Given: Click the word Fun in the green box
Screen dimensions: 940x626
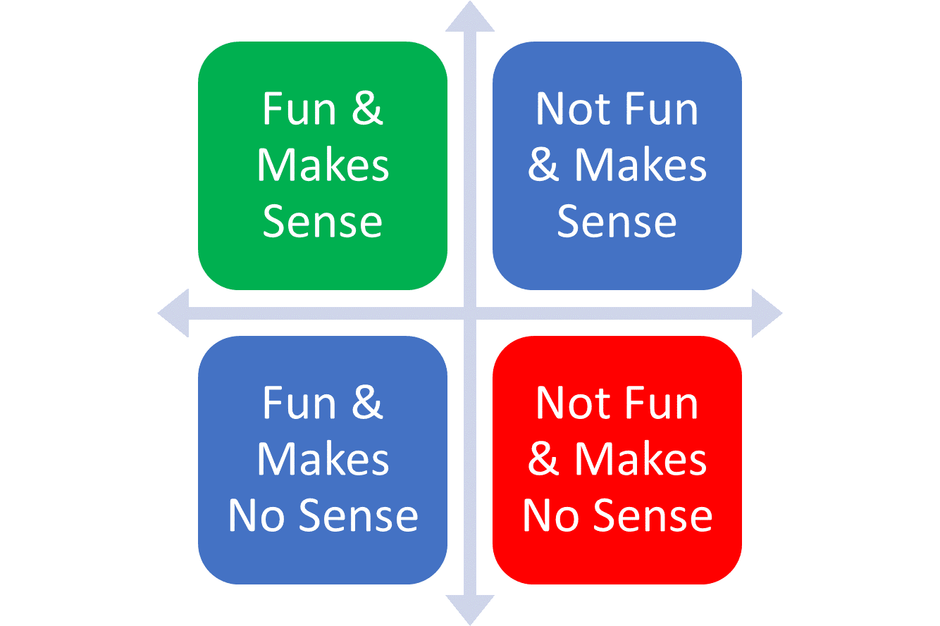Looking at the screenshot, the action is tap(299, 108).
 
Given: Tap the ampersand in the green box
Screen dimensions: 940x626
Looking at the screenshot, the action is tap(367, 108).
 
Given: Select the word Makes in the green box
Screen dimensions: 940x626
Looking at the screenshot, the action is tap(323, 165).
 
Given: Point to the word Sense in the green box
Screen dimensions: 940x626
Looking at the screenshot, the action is tap(323, 221).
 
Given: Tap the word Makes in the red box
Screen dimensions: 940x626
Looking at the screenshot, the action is tap(641, 460).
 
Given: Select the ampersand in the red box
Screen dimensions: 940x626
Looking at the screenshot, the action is tap(543, 459).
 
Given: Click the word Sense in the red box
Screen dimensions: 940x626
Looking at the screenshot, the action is tap(653, 515).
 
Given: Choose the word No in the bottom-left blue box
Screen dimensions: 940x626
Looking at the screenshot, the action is tap(256, 515).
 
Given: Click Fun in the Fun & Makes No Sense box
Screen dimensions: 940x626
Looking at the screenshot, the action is tap(299, 403).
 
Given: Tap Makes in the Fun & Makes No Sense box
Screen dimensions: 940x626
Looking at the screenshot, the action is tap(323, 460).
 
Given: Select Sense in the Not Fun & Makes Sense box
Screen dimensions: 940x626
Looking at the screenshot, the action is tap(617, 221).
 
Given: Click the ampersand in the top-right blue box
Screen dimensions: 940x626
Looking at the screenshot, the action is tap(543, 165).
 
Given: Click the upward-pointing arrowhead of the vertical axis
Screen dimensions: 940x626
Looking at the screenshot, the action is tap(470, 17).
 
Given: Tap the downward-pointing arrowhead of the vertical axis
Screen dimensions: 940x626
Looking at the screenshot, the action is tap(470, 610).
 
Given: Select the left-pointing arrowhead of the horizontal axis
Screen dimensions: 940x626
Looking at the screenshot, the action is tap(174, 313).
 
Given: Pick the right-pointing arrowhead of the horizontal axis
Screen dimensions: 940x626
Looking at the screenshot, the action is tap(767, 313).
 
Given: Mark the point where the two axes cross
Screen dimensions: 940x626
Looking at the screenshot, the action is tap(470, 313).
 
